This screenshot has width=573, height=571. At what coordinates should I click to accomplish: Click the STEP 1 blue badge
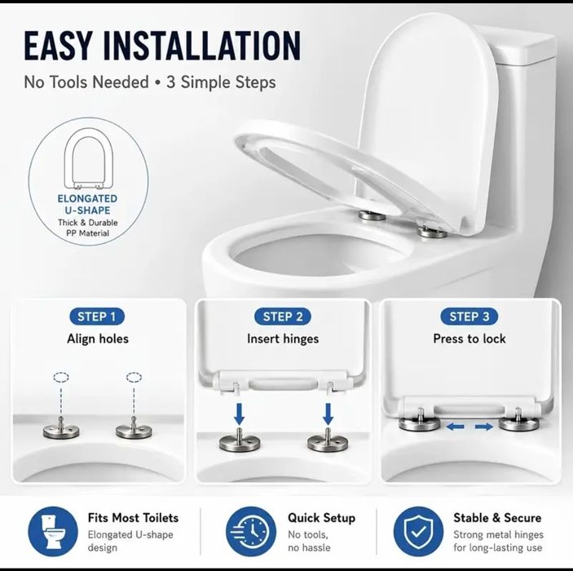point(97,316)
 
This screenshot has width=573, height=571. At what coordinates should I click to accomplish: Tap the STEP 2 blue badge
point(283,316)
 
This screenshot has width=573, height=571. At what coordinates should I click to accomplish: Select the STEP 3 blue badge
point(469,316)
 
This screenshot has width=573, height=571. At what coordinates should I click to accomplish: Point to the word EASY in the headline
point(56,46)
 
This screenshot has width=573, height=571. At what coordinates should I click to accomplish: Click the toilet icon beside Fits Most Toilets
point(53,532)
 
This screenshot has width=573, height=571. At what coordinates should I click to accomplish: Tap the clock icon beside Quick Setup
point(251,532)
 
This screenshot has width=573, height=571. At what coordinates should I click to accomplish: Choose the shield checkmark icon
point(418,532)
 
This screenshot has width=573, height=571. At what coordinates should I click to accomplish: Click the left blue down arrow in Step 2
point(240,413)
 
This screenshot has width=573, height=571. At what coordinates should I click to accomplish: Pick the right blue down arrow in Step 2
point(328,413)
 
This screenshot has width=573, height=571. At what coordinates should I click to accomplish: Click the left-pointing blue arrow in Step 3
point(456,426)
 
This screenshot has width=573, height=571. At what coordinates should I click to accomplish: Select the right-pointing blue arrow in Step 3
point(484,427)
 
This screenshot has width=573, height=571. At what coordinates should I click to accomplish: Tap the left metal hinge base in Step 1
point(61,430)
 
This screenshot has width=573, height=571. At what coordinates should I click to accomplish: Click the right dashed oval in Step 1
point(134,377)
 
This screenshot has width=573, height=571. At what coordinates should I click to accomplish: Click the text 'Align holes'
point(98,339)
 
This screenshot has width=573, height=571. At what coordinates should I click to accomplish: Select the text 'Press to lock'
point(469,339)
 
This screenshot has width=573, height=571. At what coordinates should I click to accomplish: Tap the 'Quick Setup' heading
point(322,518)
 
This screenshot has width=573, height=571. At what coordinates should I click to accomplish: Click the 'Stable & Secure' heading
point(497,518)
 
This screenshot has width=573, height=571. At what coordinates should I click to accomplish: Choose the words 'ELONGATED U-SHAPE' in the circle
point(88,205)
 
